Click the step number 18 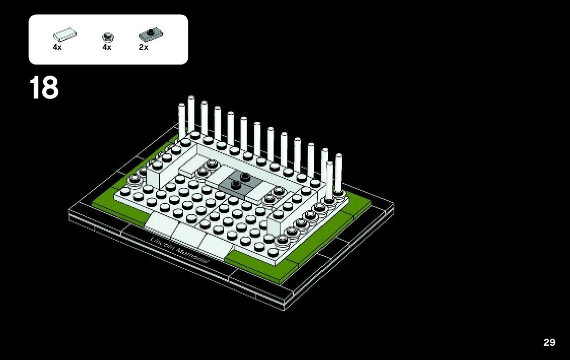44,88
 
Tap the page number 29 549,342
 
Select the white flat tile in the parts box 64,36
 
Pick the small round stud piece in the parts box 107,37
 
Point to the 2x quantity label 144,47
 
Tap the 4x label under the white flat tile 57,47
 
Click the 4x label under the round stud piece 107,47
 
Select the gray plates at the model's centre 241,183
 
